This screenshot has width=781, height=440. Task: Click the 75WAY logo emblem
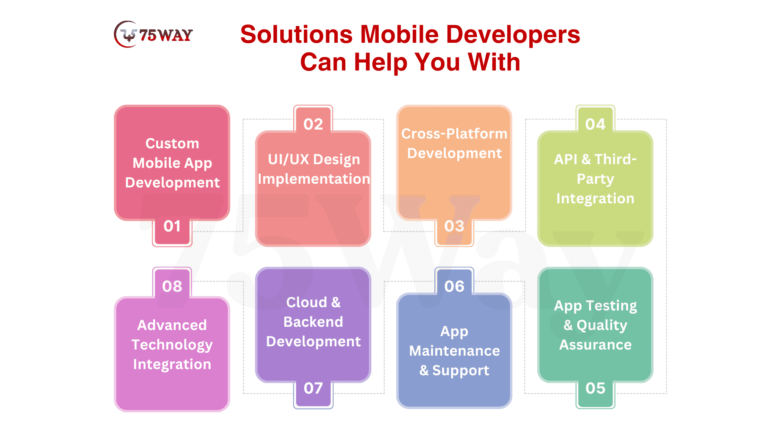(126, 34)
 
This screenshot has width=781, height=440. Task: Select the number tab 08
(172, 282)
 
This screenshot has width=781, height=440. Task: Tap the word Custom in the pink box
(172, 143)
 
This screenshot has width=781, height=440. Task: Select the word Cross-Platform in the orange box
(454, 134)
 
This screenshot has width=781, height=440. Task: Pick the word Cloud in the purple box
(307, 302)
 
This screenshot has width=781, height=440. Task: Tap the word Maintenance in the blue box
(454, 351)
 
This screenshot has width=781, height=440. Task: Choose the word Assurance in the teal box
(595, 345)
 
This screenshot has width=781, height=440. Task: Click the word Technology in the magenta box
(172, 345)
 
